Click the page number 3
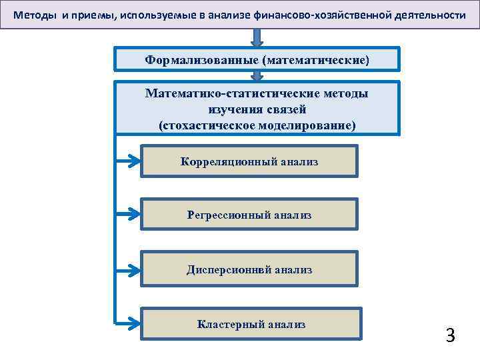click(450, 335)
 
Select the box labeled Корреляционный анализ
click(249, 161)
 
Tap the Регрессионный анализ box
click(249, 215)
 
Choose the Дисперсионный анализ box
click(249, 270)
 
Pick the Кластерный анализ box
click(251, 325)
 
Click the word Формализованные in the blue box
click(202, 60)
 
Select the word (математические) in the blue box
click(315, 60)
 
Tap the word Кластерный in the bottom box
click(230, 325)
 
